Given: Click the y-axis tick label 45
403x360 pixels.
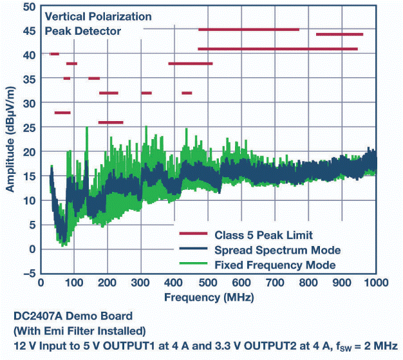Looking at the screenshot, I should coord(28,30).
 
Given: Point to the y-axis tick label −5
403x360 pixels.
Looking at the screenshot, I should coord(28,273).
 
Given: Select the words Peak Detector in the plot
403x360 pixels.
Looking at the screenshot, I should coord(82,30).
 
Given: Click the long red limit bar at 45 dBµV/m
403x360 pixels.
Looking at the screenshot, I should coord(248,30).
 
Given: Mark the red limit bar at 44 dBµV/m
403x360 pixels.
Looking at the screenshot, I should coord(339,34).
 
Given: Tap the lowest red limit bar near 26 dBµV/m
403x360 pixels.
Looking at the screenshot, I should coord(110,122).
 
